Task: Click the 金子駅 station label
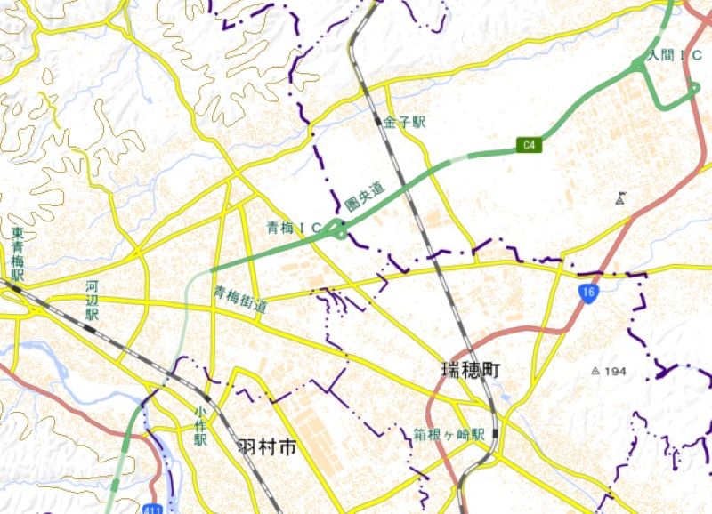point(405,122)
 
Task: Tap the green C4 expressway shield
point(529,143)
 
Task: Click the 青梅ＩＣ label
point(295,229)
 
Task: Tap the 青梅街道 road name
point(239,299)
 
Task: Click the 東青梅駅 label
point(18,255)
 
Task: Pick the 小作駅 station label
point(200,426)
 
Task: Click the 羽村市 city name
point(266,447)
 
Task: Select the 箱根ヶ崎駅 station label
point(449,435)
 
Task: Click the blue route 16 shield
point(589,293)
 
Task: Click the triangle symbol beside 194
point(596,370)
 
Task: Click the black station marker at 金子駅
point(379,119)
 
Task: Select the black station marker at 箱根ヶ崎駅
point(495,433)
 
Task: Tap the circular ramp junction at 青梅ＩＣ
point(337,231)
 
